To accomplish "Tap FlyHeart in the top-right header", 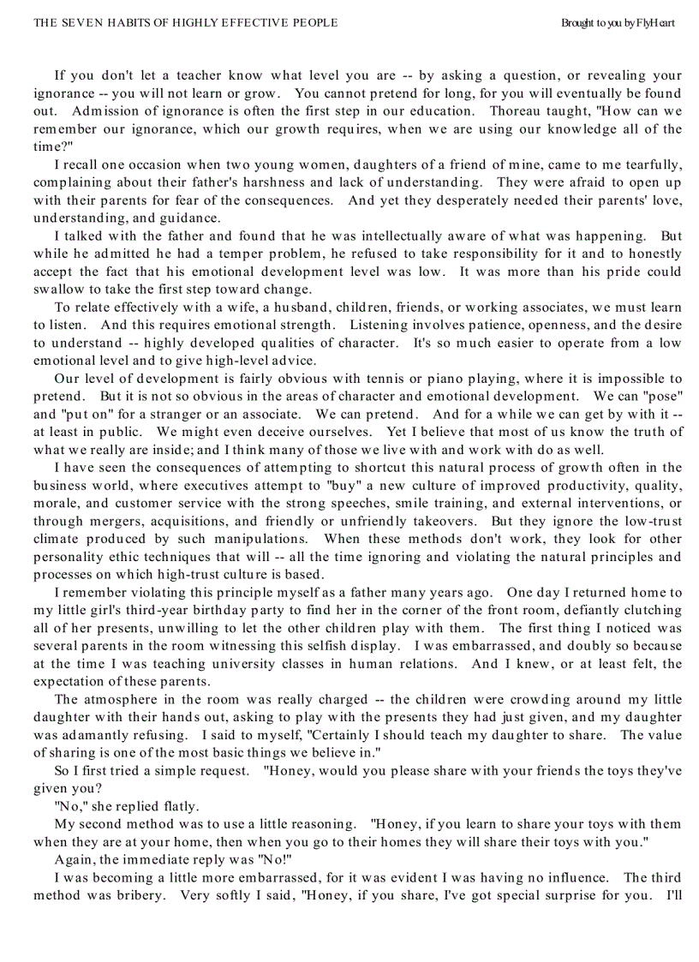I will point(655,22).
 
